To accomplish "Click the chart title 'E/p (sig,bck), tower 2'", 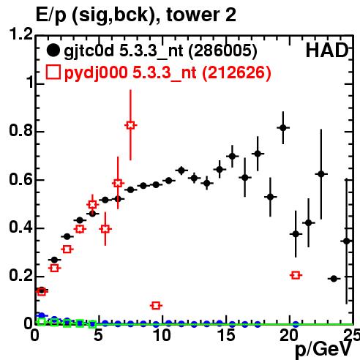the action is pos(136,15).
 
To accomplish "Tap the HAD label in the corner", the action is pos(327,50).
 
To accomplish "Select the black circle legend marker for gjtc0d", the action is pos(53,50).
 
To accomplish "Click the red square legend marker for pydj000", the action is pos(53,72).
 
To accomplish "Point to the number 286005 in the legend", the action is pos(223,51).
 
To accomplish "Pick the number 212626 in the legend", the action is pos(236,73).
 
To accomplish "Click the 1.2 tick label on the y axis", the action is pos(20,34).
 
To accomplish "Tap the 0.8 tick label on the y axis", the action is pos(20,130).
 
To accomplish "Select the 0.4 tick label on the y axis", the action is pos(20,227).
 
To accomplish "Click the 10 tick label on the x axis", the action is pos(162,335).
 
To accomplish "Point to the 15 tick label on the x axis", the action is pos(226,335).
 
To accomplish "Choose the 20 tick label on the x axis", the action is pos(289,335).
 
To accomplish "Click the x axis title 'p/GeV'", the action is pos(323,349).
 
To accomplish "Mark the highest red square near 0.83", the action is pos(131,125).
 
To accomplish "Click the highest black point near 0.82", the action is pos(283,127).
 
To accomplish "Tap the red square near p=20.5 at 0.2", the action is pos(296,275).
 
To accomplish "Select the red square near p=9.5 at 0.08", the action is pos(156,305).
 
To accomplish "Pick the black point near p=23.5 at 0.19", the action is pos(334,279).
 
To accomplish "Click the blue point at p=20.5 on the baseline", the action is pos(296,324).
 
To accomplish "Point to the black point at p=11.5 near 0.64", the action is pos(181,170).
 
